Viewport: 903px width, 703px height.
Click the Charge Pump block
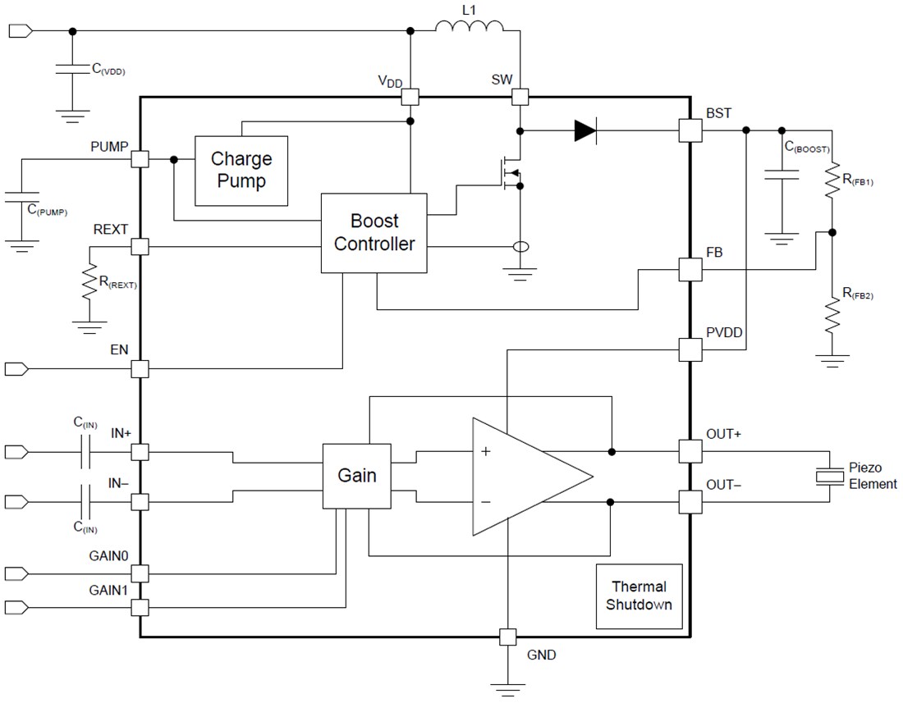click(241, 171)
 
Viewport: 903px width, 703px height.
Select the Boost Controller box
click(374, 233)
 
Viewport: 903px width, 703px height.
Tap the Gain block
click(357, 476)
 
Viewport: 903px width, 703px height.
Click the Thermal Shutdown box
click(639, 596)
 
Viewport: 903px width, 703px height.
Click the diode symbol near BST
click(585, 130)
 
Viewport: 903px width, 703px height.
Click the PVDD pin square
click(690, 349)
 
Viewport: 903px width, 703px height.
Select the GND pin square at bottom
click(508, 637)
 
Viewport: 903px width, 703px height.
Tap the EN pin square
click(140, 369)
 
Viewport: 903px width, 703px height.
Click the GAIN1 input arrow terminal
click(16, 607)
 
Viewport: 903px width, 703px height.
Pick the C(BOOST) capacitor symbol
click(782, 174)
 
